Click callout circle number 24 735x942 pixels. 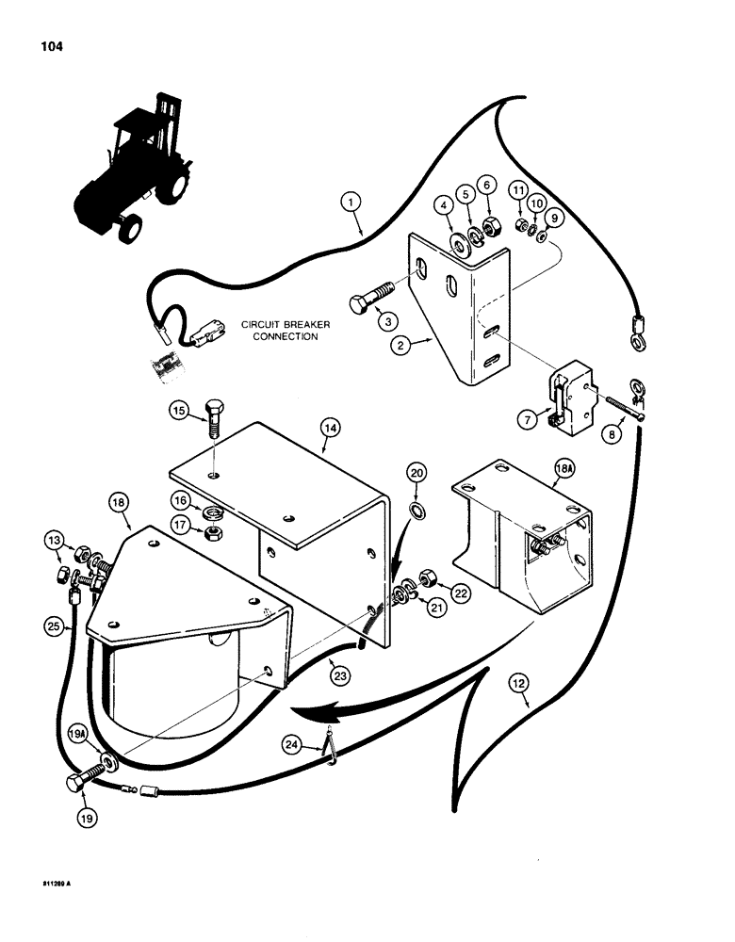pyautogui.click(x=295, y=744)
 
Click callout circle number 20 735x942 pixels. pyautogui.click(x=417, y=471)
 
